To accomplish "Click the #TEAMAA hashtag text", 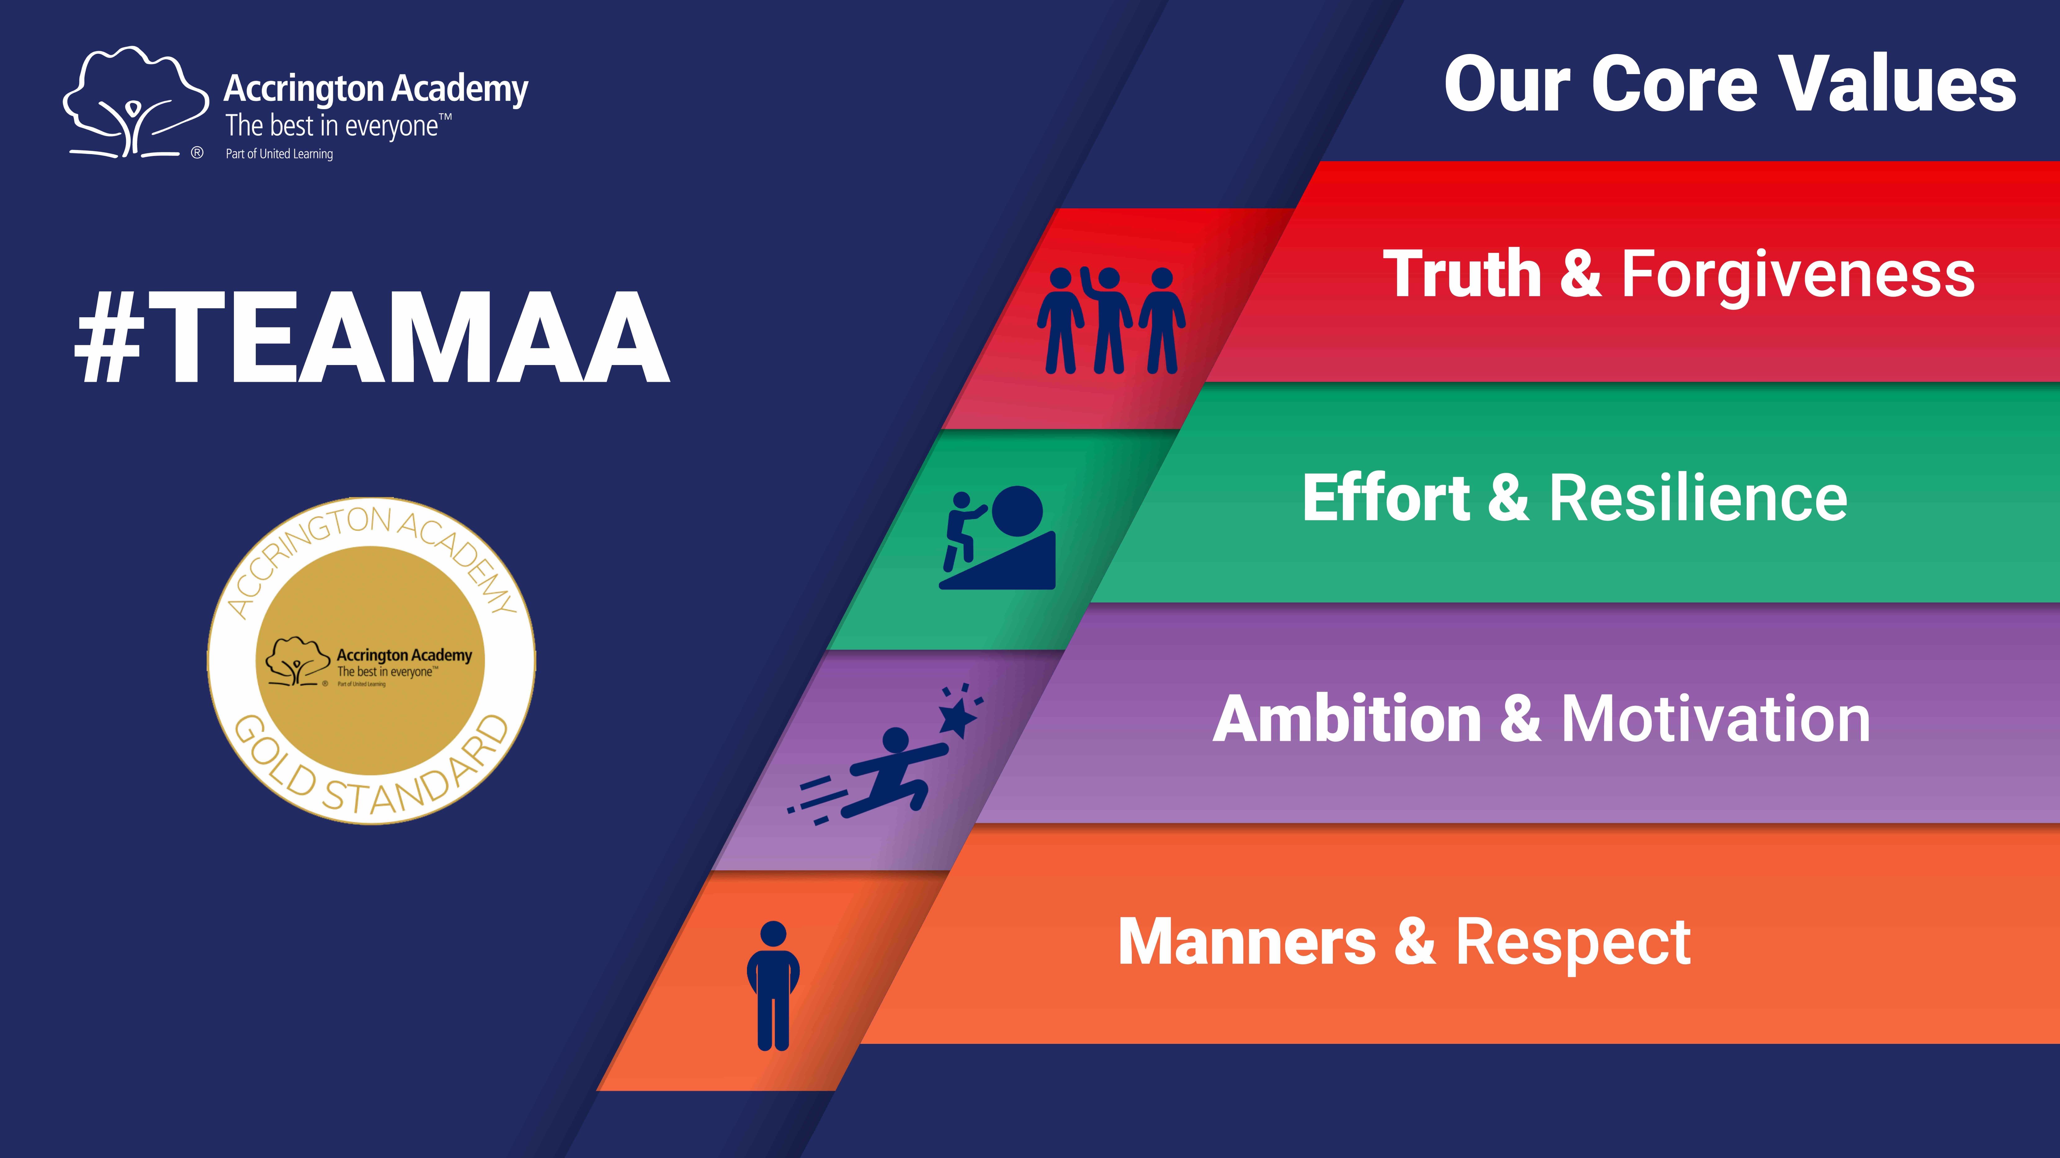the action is (x=372, y=337).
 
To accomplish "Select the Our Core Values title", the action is (x=1730, y=85).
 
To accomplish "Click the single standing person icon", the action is (x=773, y=985).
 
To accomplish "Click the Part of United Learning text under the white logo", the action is (x=279, y=154).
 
